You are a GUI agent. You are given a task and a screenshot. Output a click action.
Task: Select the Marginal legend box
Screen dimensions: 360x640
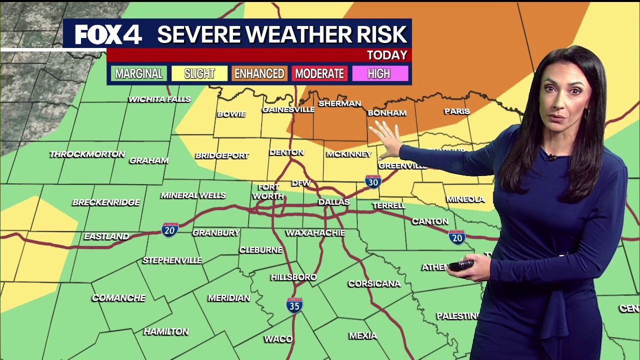(x=138, y=74)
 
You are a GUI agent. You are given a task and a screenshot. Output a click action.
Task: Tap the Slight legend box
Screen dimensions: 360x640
(x=199, y=74)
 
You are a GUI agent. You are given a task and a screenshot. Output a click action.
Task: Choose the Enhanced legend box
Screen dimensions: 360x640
(x=259, y=74)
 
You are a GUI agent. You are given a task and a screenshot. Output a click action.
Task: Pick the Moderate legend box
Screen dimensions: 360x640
(x=319, y=74)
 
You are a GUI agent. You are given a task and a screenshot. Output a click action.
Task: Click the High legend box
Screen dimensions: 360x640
(x=379, y=74)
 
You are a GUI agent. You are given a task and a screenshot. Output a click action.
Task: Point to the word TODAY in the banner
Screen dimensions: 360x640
(x=387, y=55)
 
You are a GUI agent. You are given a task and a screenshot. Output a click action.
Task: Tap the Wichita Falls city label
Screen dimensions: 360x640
(x=159, y=99)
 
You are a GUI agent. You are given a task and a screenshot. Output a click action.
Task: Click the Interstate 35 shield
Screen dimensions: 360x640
(x=294, y=305)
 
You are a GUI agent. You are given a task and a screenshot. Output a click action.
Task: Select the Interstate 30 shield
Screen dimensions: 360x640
(x=373, y=181)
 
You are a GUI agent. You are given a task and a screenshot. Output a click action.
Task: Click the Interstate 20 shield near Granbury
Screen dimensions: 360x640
(x=170, y=229)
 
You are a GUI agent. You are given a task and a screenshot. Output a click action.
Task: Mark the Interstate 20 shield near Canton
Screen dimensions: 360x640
(x=456, y=237)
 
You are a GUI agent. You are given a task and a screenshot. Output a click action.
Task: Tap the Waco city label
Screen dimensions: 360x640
(x=278, y=339)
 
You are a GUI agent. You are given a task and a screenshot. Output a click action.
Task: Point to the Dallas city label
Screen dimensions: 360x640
(x=333, y=202)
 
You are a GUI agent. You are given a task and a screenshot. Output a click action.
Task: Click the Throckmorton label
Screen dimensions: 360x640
(x=87, y=154)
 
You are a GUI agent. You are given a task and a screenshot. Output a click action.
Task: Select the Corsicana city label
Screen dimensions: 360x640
(x=374, y=283)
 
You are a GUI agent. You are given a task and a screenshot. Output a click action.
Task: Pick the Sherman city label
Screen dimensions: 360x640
(x=339, y=103)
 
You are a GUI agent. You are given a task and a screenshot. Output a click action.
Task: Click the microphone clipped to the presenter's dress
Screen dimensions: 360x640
(x=552, y=158)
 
